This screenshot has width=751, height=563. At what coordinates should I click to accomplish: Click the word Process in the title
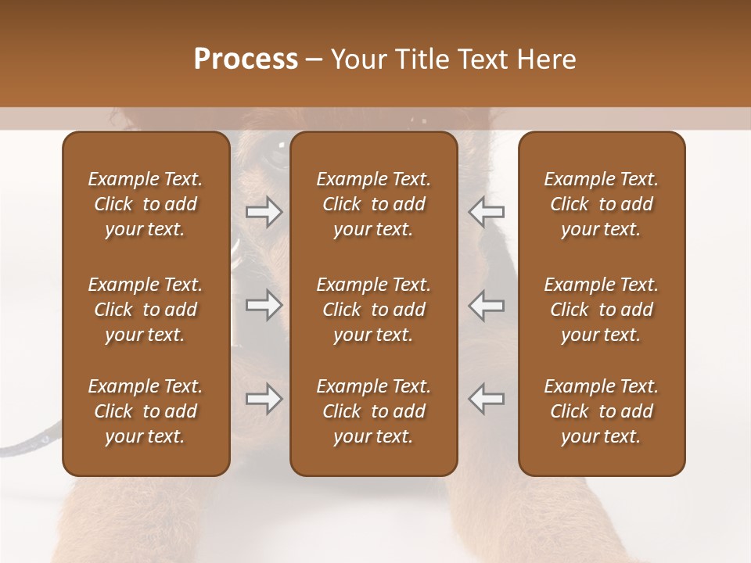tap(246, 59)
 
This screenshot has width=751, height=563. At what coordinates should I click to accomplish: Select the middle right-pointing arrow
tap(264, 305)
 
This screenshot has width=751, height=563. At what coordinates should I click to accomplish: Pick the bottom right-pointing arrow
tap(264, 399)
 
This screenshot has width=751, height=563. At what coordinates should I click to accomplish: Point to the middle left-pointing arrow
tap(486, 305)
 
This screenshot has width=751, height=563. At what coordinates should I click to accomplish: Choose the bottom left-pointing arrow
tap(486, 399)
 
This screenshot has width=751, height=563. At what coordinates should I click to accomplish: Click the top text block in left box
tap(146, 204)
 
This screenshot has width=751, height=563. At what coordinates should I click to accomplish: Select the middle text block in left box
tap(146, 310)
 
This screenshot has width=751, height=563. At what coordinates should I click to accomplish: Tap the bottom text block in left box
tap(146, 411)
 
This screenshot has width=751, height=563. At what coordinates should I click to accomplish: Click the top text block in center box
tap(373, 204)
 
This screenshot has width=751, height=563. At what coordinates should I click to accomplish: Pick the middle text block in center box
tap(373, 310)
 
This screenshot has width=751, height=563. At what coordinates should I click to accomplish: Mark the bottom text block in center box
tap(373, 411)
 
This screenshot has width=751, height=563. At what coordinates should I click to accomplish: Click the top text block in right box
tap(601, 204)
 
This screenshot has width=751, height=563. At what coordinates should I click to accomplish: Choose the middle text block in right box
tap(601, 310)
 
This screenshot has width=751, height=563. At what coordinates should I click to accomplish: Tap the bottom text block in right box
tap(601, 411)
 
